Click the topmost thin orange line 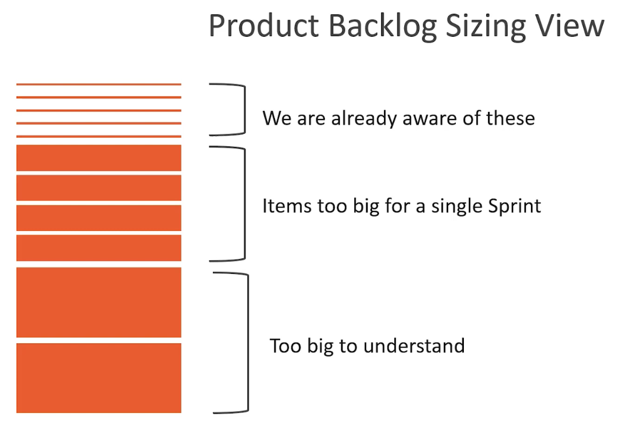pos(99,84)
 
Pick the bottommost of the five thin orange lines pos(99,136)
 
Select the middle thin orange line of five pos(99,110)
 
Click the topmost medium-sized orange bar pos(99,158)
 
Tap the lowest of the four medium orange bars pos(99,247)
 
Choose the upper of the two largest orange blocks pos(99,302)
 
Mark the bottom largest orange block pos(99,378)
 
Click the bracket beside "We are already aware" pos(244,110)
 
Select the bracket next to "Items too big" pos(244,204)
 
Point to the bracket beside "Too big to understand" pos(247,343)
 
